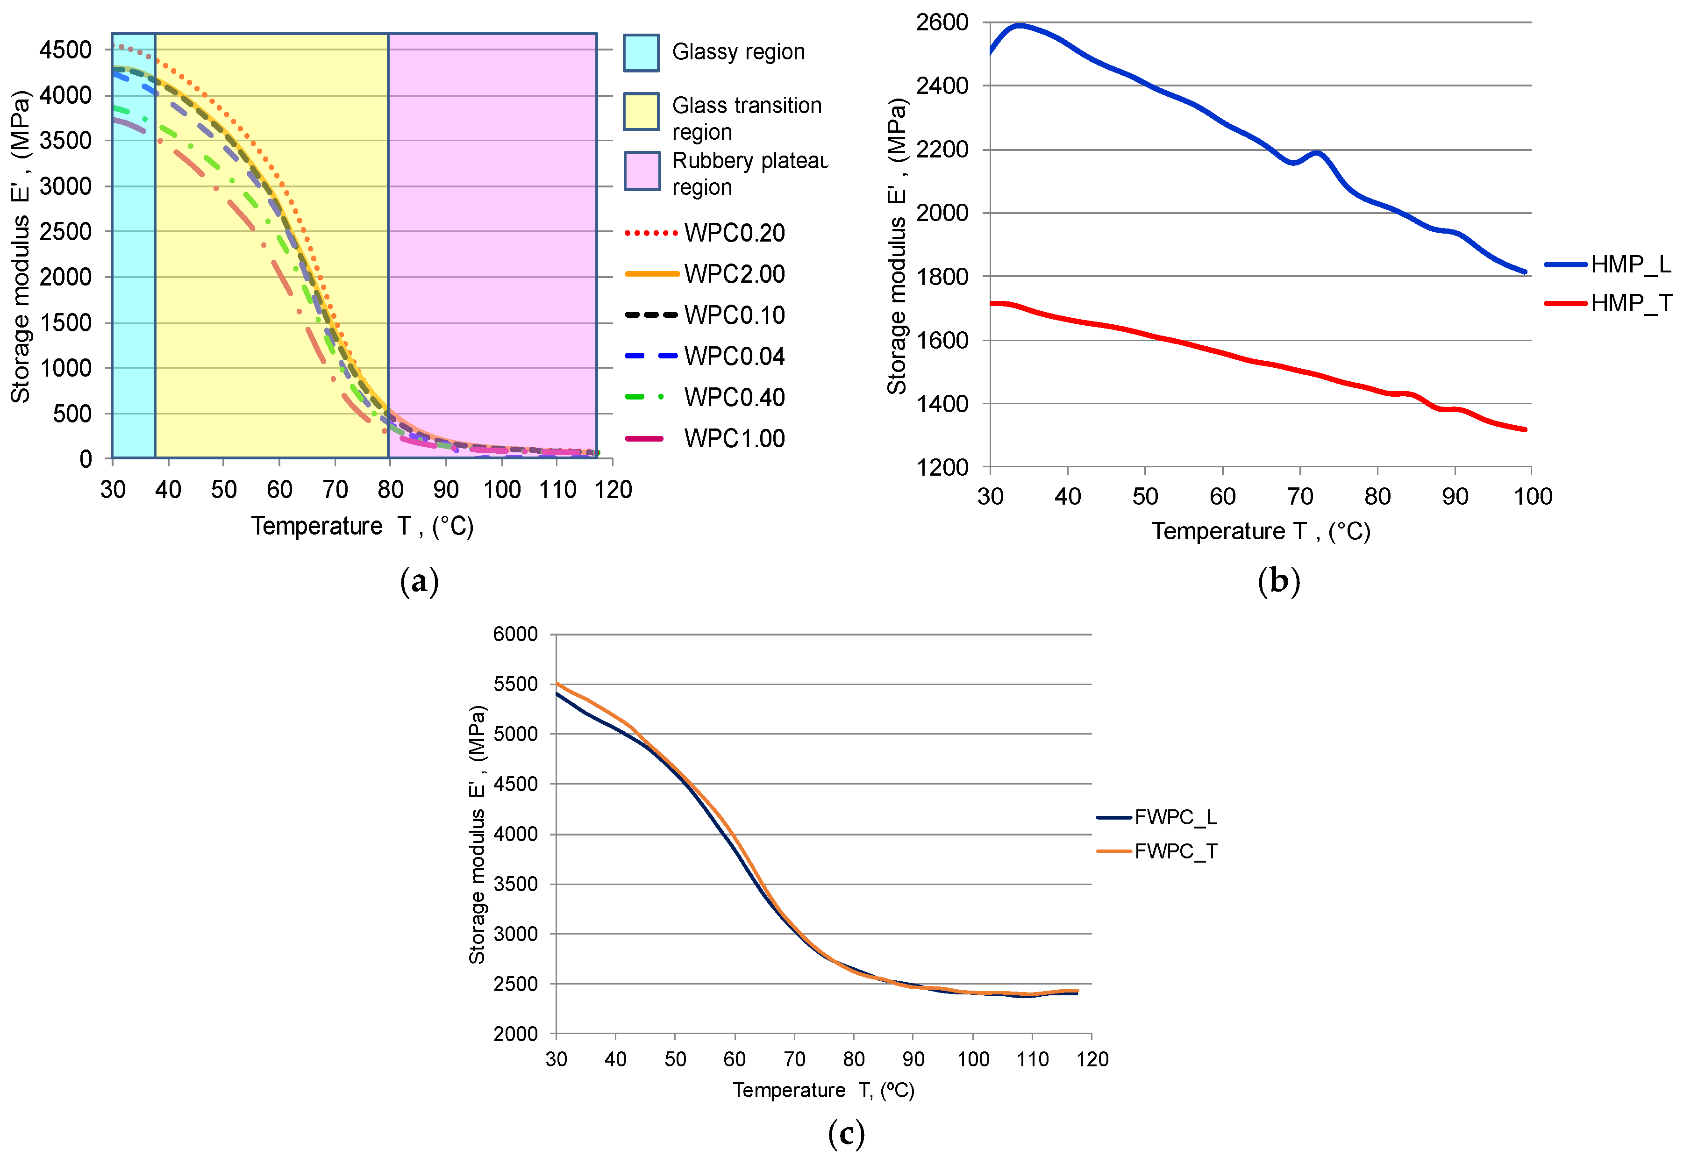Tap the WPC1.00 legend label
pyautogui.click(x=734, y=439)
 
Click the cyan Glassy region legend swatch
pyautogui.click(x=641, y=53)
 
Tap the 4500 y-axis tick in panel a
pyautogui.click(x=65, y=50)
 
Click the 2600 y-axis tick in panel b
pyautogui.click(x=942, y=23)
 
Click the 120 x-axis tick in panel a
pyautogui.click(x=613, y=489)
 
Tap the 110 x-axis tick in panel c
pyautogui.click(x=1032, y=1059)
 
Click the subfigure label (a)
pyautogui.click(x=420, y=581)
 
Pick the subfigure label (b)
pyautogui.click(x=1278, y=581)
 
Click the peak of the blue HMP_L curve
pyautogui.click(x=1019, y=26)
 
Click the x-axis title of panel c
pyautogui.click(x=823, y=1090)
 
